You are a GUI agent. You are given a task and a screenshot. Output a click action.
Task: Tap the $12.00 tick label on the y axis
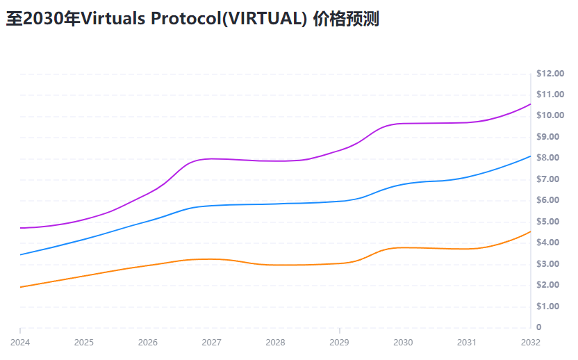click(550, 74)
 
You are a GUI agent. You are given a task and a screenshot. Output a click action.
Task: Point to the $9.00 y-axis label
click(550, 137)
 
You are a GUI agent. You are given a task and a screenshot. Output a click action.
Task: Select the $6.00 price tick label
click(550, 200)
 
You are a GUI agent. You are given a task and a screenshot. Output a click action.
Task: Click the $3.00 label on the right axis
click(550, 264)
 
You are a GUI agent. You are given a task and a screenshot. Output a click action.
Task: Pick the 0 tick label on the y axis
click(539, 327)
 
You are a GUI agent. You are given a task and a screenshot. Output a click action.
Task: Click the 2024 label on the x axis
click(20, 342)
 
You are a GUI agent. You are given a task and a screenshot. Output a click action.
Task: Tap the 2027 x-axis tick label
click(211, 342)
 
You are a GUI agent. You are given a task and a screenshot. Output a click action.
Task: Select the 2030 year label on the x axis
click(403, 342)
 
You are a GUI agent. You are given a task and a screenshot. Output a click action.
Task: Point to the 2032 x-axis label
click(531, 342)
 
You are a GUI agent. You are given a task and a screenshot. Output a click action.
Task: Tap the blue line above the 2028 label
click(275, 204)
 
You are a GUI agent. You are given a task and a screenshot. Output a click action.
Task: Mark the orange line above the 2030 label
click(403, 247)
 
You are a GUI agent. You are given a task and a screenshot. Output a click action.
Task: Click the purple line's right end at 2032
click(530, 104)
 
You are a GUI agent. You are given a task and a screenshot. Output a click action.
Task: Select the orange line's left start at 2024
click(21, 287)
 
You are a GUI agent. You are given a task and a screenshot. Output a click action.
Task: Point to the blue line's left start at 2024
click(21, 254)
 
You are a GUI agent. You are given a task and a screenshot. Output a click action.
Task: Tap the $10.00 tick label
click(550, 115)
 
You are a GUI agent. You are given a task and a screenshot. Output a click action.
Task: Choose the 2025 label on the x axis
click(84, 342)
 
